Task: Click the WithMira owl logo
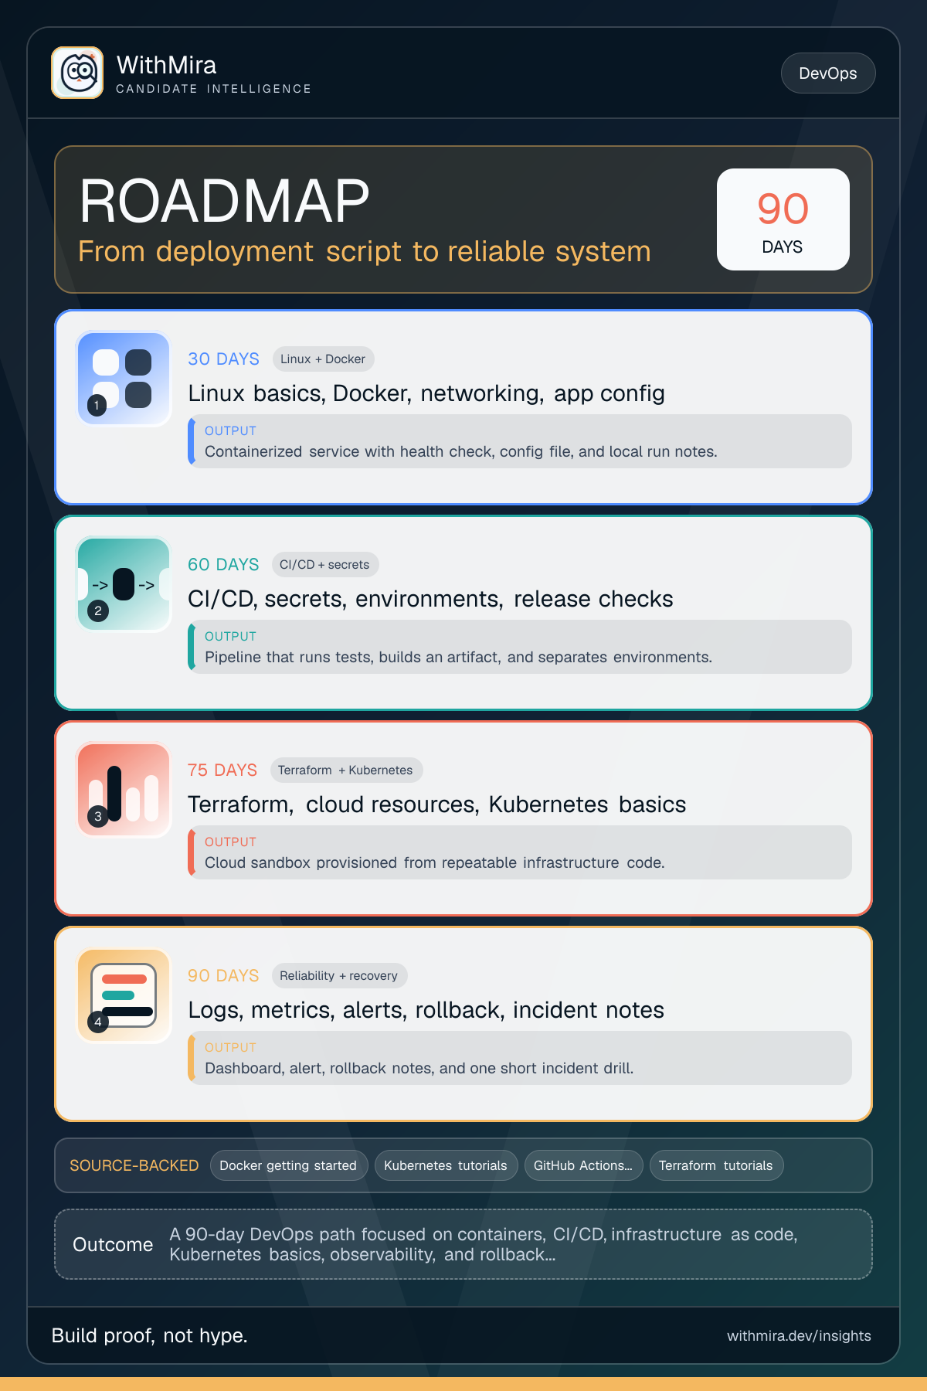click(77, 73)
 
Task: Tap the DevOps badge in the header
click(828, 73)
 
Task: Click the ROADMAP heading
click(224, 201)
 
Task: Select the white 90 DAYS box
click(783, 219)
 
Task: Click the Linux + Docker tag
click(323, 359)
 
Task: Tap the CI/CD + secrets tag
click(324, 565)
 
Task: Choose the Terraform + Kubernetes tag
click(345, 770)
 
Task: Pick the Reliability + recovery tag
click(338, 976)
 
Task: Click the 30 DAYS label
click(223, 359)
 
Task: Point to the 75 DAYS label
click(222, 770)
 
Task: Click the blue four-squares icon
click(124, 379)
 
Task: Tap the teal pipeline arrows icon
click(124, 584)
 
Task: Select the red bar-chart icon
click(124, 790)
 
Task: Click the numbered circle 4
click(98, 1022)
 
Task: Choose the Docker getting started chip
click(288, 1165)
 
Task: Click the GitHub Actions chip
click(583, 1165)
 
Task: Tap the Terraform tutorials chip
click(716, 1165)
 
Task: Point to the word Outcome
click(113, 1245)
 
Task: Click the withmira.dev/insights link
click(799, 1336)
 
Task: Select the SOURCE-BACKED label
click(134, 1165)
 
